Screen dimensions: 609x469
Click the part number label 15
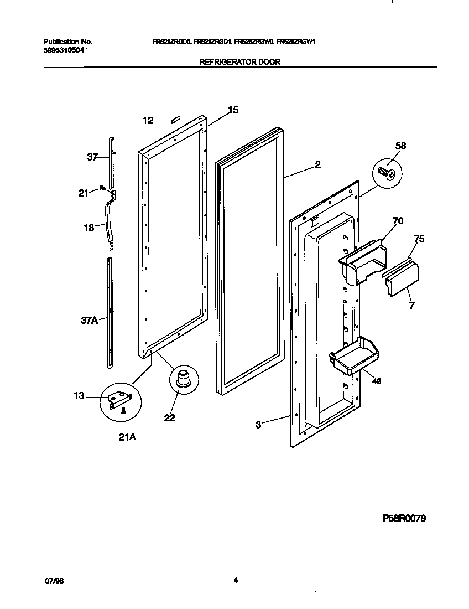point(233,110)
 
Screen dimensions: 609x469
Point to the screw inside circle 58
point(385,173)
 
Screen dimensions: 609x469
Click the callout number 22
point(169,418)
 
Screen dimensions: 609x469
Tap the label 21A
point(127,437)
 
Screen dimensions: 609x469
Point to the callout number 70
point(397,221)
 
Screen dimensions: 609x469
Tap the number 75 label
point(419,239)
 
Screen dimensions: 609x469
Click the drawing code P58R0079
point(404,519)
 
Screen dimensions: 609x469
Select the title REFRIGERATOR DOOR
point(239,62)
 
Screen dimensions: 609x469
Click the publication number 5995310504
point(64,50)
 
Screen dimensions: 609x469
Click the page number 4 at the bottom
point(235,580)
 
